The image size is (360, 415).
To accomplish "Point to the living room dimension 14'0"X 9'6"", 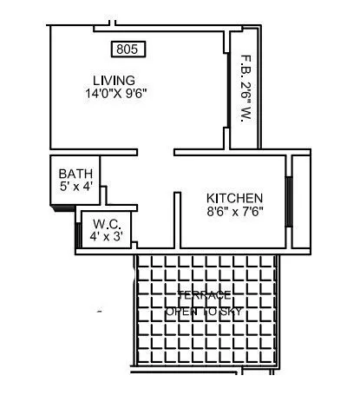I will click(x=116, y=94).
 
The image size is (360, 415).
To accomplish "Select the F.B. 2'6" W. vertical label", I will click(x=245, y=89).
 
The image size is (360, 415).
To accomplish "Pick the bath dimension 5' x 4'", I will click(x=75, y=186).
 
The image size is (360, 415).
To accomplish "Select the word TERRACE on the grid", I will click(x=205, y=294).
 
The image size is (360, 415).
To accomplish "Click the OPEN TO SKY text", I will click(x=205, y=310).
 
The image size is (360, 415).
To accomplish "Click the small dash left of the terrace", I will click(x=100, y=310).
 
